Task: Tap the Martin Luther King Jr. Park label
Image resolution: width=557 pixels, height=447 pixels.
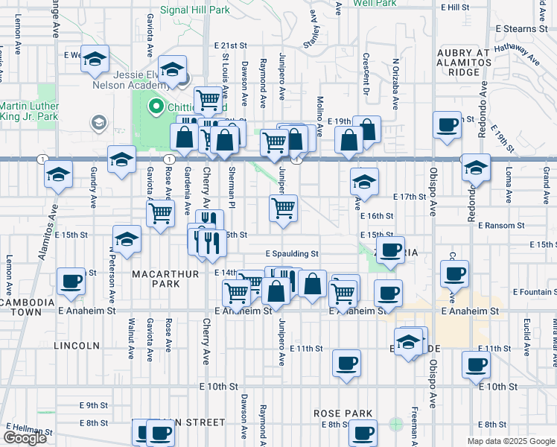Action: coord(28,112)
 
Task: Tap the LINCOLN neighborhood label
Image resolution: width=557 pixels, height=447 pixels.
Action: coord(77,346)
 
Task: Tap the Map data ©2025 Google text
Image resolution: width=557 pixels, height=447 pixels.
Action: coord(509,441)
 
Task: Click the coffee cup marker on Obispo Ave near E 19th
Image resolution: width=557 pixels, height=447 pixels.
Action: coord(448,126)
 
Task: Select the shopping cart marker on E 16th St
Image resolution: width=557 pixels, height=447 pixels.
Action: coord(284,209)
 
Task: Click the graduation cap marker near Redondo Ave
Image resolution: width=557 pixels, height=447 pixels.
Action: coord(476,168)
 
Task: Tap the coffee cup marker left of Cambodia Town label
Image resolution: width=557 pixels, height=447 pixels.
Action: coord(71,282)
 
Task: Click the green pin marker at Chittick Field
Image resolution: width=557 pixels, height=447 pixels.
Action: coord(156,107)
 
